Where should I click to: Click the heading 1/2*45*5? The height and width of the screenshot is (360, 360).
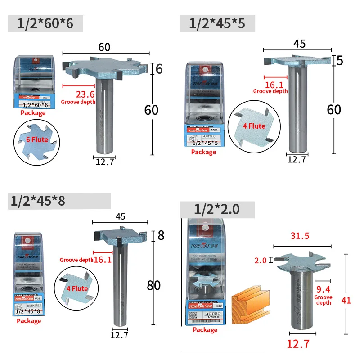(217, 23)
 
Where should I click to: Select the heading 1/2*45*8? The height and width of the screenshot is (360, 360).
(37, 201)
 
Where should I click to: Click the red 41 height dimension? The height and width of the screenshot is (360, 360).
(346, 301)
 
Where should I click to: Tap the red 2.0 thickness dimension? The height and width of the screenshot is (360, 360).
(261, 261)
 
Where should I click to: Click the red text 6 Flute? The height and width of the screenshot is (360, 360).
(37, 139)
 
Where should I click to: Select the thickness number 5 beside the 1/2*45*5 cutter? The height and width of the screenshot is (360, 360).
(340, 59)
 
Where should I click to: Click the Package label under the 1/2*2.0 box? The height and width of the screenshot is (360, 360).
(205, 330)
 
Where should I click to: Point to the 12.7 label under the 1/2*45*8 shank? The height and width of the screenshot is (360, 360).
(120, 334)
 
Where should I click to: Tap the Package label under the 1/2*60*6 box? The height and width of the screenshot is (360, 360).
(33, 112)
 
